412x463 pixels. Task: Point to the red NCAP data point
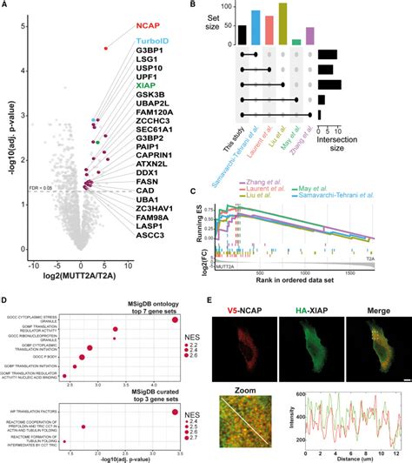click(x=106, y=48)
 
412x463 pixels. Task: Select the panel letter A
click(x=4, y=5)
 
